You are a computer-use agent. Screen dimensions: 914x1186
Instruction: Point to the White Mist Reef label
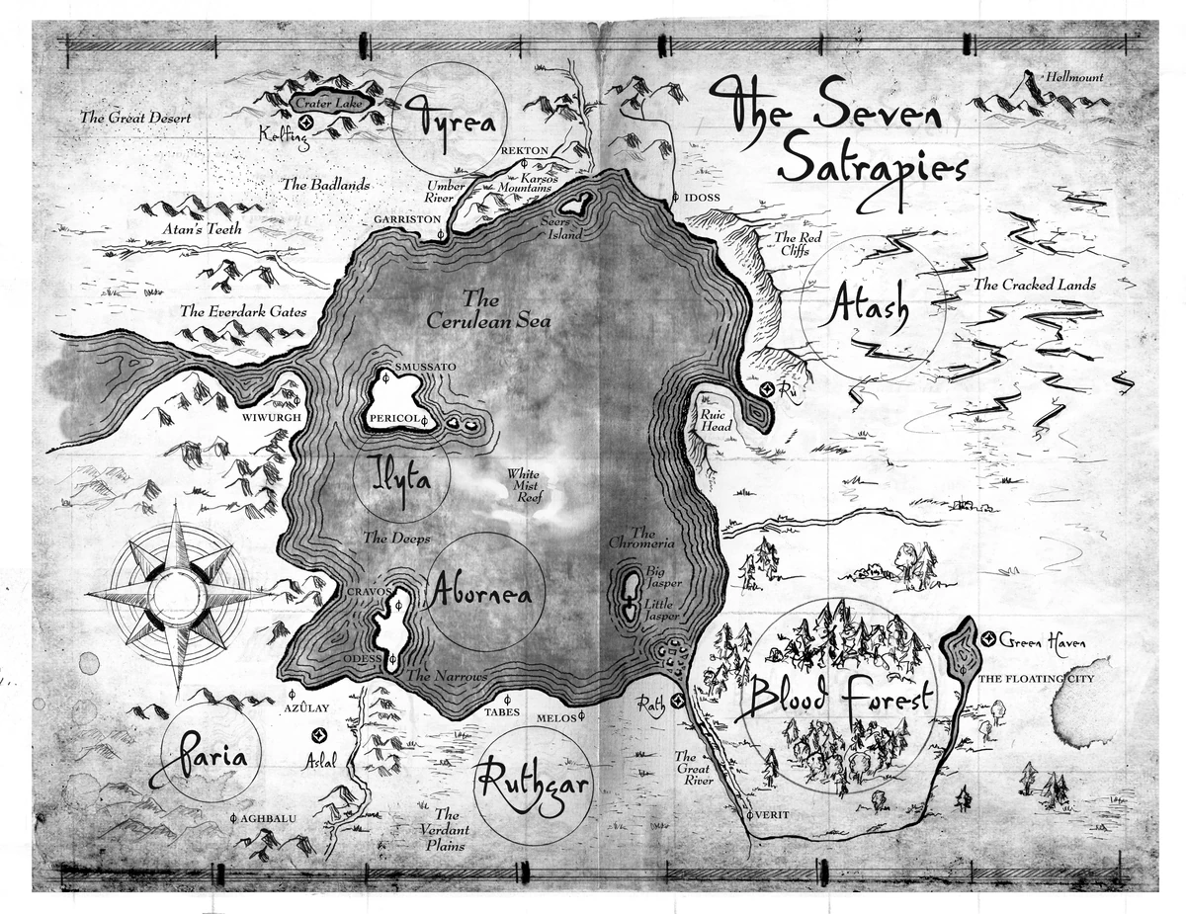click(524, 485)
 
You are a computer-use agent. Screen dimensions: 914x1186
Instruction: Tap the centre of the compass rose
click(178, 595)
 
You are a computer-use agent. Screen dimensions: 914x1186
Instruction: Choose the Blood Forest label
click(839, 698)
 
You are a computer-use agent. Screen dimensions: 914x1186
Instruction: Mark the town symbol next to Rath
click(677, 702)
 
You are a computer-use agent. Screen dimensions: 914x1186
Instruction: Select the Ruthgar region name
click(533, 786)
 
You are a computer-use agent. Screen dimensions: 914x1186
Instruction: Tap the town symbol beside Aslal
click(318, 735)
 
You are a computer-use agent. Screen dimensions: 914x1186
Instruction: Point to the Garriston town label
click(407, 218)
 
